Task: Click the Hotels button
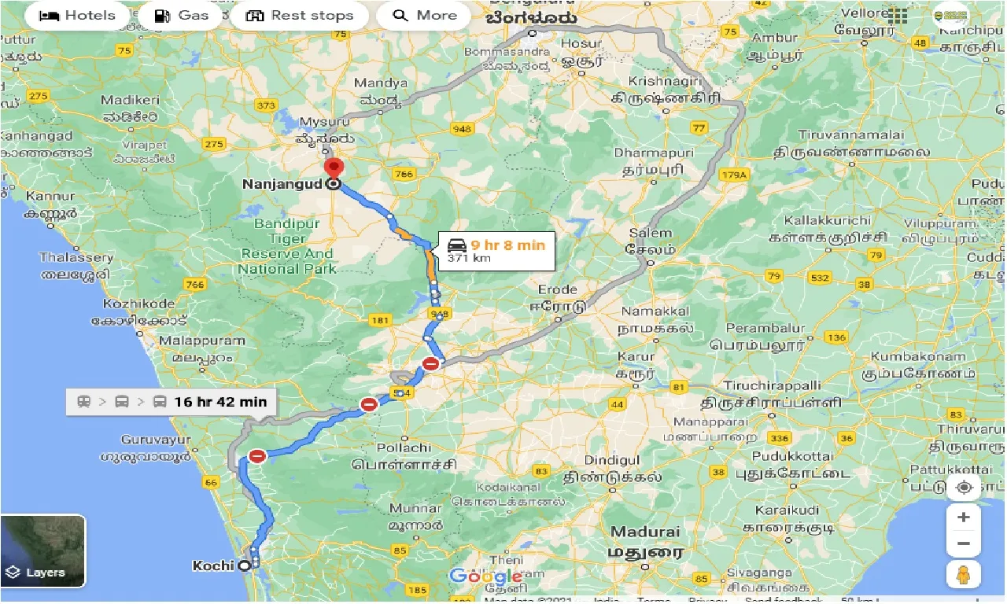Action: click(x=76, y=16)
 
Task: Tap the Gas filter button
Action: click(x=182, y=16)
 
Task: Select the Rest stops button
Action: click(x=300, y=16)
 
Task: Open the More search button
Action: click(x=424, y=16)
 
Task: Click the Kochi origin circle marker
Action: click(x=245, y=565)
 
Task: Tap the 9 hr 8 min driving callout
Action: click(x=496, y=250)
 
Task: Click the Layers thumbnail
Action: click(x=43, y=551)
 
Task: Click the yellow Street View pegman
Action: click(x=964, y=575)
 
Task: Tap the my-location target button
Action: click(x=964, y=488)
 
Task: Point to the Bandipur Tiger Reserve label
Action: click(x=287, y=246)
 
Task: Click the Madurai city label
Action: click(x=645, y=532)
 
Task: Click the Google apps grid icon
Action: click(x=896, y=16)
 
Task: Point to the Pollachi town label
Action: click(x=404, y=447)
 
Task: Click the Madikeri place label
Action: click(x=130, y=101)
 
